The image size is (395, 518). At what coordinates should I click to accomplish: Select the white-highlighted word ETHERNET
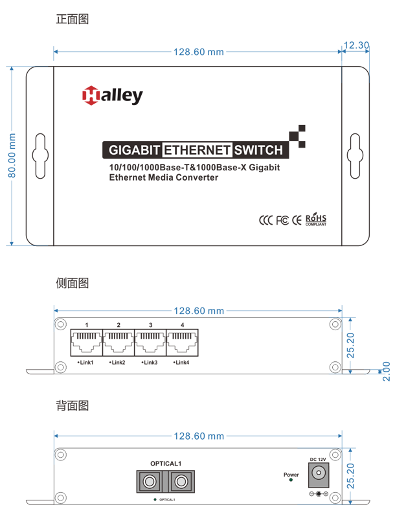point(197,150)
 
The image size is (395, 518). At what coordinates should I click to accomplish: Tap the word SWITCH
point(259,150)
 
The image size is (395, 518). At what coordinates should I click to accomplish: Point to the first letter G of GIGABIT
point(113,150)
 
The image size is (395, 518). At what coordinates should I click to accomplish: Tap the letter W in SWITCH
point(249,150)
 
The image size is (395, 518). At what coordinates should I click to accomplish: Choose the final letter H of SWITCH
point(278,150)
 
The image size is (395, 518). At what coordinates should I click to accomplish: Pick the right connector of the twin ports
point(180,481)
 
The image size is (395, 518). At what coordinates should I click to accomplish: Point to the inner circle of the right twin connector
point(180,481)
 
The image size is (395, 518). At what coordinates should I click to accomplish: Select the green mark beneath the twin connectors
point(153,497)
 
